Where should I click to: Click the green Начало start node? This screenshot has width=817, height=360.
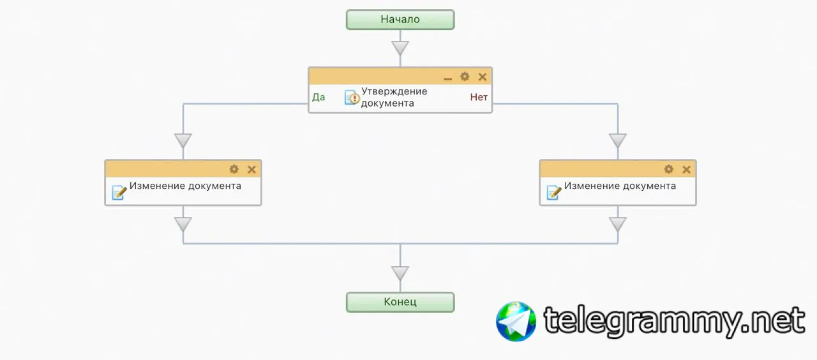click(400, 20)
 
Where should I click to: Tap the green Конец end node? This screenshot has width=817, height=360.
click(400, 302)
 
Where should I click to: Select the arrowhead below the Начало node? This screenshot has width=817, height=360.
click(400, 48)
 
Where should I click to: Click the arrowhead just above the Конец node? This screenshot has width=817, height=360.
click(400, 273)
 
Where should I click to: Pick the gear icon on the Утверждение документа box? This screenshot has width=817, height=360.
click(465, 77)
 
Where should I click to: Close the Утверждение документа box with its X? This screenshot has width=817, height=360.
click(483, 77)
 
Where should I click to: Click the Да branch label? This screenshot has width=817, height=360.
click(319, 98)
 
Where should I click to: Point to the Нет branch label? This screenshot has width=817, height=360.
click(479, 98)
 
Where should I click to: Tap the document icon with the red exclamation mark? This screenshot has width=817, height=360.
click(352, 98)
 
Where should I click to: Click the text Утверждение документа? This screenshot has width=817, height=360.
click(394, 97)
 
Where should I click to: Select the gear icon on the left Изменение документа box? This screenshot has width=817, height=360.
click(234, 169)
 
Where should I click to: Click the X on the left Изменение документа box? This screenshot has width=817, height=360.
click(251, 169)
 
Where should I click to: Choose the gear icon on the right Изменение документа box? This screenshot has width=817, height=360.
click(668, 169)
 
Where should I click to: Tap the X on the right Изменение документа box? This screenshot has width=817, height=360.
click(686, 169)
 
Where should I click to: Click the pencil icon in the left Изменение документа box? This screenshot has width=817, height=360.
click(119, 191)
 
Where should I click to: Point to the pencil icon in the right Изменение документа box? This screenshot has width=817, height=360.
click(554, 191)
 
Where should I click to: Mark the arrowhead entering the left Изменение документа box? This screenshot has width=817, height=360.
click(183, 140)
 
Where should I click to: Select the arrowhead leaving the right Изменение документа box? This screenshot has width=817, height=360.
click(618, 224)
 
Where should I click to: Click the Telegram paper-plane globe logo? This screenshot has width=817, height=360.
click(516, 321)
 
